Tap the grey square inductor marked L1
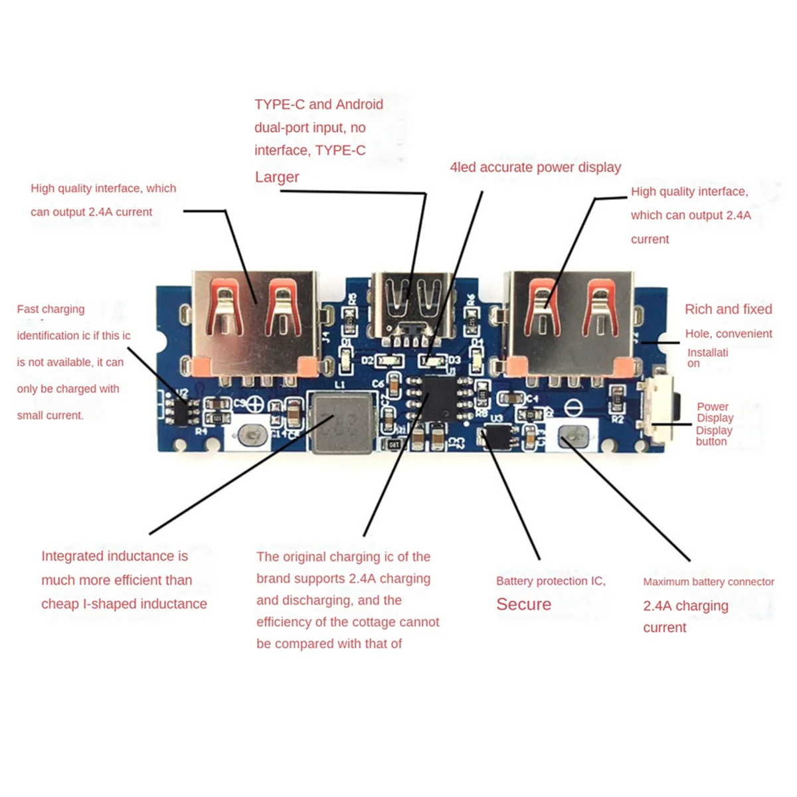click(341, 422)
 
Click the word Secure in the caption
click(523, 604)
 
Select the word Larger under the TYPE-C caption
click(277, 177)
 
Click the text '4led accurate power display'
click(535, 167)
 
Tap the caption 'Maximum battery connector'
click(708, 582)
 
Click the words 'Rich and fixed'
click(728, 310)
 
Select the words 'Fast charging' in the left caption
click(50, 310)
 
